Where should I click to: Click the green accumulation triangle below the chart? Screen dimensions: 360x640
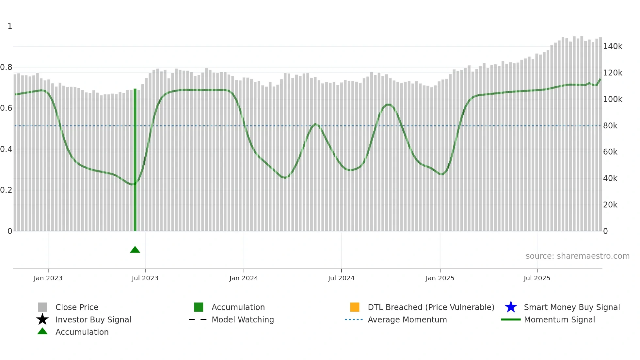point(135,250)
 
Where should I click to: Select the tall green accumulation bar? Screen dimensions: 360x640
point(135,160)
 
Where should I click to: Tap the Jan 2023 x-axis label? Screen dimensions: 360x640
point(48,278)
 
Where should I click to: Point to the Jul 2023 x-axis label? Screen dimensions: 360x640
point(145,278)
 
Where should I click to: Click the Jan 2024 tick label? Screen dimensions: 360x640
point(244,278)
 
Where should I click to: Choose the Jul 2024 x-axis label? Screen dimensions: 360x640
point(341,278)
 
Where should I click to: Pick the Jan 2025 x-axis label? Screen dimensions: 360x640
point(440,278)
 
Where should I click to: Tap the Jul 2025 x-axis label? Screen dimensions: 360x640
point(537,278)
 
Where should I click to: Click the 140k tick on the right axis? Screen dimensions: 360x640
point(613,46)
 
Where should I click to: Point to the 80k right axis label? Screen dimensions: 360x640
point(610,126)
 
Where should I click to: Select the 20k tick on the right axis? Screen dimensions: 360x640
point(610,205)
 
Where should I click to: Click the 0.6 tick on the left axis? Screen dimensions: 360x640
point(6,108)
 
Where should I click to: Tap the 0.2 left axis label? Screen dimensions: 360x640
point(6,190)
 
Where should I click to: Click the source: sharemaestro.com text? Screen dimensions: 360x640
point(577,256)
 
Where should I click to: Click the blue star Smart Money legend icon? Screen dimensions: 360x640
point(511,307)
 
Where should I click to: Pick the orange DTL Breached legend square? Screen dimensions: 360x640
point(355,307)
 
